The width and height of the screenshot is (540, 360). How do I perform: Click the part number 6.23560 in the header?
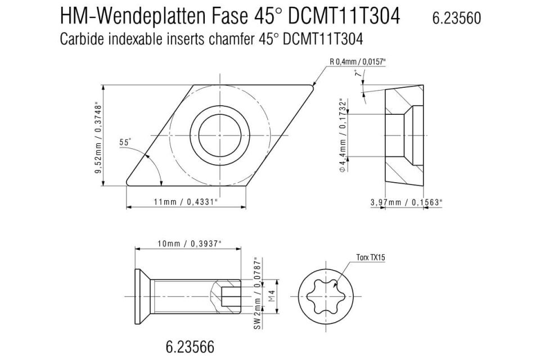(x=456, y=19)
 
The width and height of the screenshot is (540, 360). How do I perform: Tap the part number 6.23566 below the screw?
(x=191, y=345)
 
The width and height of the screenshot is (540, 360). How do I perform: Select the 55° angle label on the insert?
(x=125, y=143)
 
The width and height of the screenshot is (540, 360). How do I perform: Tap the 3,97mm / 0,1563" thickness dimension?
(x=407, y=201)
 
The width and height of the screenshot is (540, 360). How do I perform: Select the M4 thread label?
(x=271, y=294)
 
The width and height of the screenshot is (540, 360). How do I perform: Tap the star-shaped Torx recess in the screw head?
(x=324, y=294)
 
